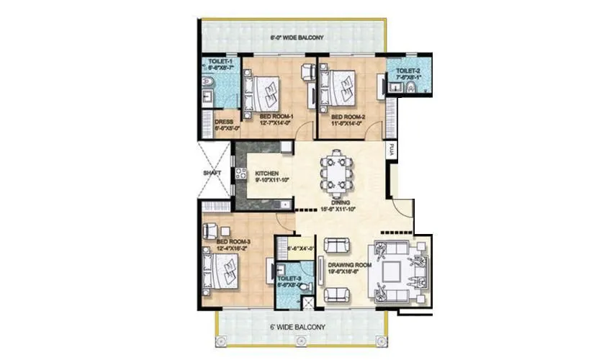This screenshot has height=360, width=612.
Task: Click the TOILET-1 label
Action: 220,62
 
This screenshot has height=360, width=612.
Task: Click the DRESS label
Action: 223,122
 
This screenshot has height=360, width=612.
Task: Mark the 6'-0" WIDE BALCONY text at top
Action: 297,37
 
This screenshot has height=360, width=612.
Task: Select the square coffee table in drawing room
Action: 392,271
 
